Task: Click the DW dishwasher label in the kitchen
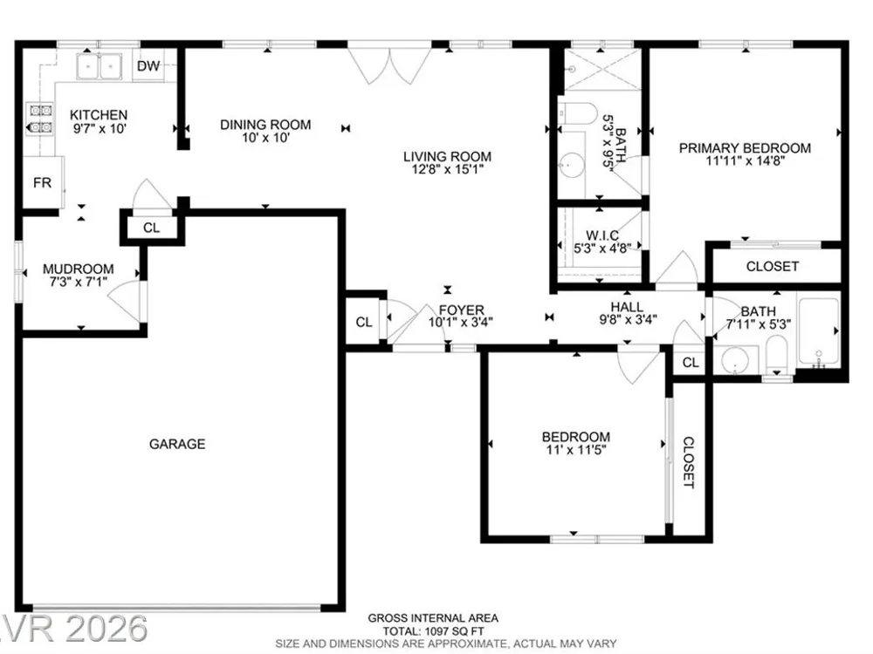point(148,66)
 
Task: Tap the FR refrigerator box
point(42,182)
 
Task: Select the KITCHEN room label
point(99,115)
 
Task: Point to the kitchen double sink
point(100,67)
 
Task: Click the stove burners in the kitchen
point(40,119)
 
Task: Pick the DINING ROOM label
point(265,125)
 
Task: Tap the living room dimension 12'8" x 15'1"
point(448,169)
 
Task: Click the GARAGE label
point(177,444)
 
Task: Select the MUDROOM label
point(79,269)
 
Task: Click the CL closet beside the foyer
point(364,322)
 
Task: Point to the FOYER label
point(462,310)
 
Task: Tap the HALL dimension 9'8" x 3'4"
point(628,320)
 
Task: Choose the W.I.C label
point(602,235)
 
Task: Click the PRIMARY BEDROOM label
point(745,148)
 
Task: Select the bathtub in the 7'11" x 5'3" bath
point(818,332)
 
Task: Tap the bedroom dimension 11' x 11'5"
point(576,449)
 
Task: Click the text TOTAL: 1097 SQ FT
point(433,631)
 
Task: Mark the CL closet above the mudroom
point(151,228)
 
